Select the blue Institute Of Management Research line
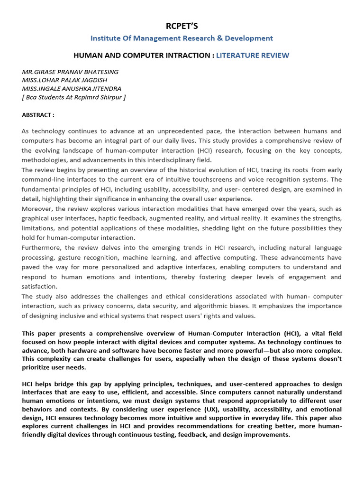[182, 38]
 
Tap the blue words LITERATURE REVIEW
[253, 56]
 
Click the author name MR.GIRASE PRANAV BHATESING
[70, 72]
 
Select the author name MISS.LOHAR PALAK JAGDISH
[67, 80]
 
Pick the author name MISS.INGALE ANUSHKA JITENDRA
[72, 89]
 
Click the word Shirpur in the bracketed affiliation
[112, 97]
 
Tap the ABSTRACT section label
[38, 115]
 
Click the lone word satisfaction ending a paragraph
[40, 287]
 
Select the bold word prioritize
[37, 367]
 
